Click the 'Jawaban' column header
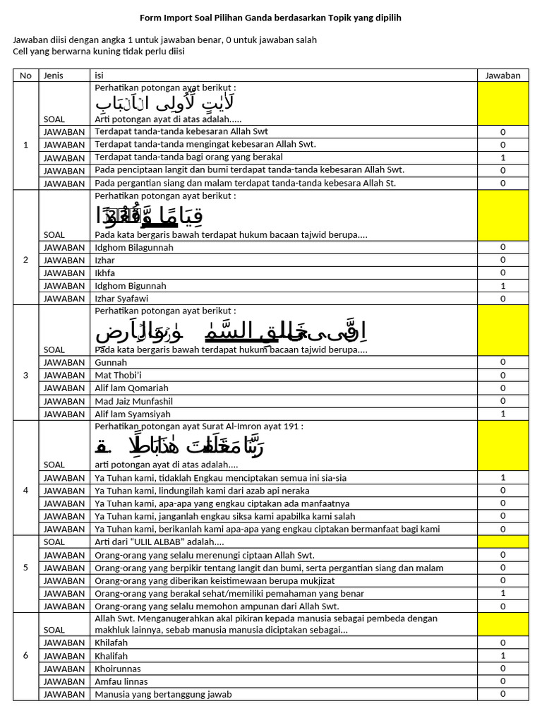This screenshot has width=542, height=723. (502, 76)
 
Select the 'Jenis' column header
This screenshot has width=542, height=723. (54, 76)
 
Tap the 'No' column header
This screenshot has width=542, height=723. (26, 76)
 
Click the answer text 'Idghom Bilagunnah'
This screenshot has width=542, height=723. (134, 248)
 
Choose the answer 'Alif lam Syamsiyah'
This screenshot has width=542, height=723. (133, 414)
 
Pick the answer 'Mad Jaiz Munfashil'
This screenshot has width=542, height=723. (133, 401)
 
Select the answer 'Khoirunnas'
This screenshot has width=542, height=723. (118, 669)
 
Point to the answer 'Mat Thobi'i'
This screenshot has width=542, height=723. (119, 376)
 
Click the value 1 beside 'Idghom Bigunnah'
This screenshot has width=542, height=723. (502, 286)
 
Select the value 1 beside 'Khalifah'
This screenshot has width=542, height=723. (502, 656)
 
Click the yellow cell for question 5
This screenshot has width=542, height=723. (502, 542)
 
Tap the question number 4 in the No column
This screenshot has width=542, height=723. (26, 478)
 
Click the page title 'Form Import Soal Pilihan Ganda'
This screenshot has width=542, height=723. (270, 18)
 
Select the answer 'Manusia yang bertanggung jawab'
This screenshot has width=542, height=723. (163, 694)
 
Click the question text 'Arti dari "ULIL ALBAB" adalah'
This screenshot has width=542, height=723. (159, 542)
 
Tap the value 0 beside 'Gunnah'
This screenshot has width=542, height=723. (502, 362)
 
